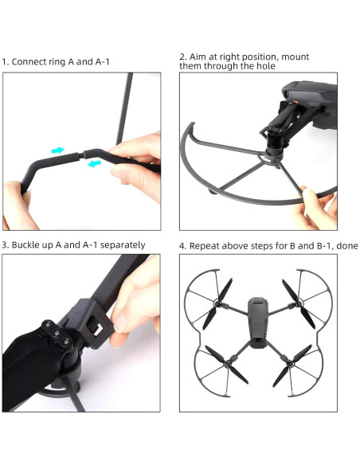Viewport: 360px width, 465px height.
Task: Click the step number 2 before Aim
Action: tap(182, 57)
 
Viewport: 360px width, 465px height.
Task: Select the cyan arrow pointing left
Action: tap(94, 164)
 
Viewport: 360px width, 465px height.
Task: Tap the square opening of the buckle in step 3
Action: tap(95, 326)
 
